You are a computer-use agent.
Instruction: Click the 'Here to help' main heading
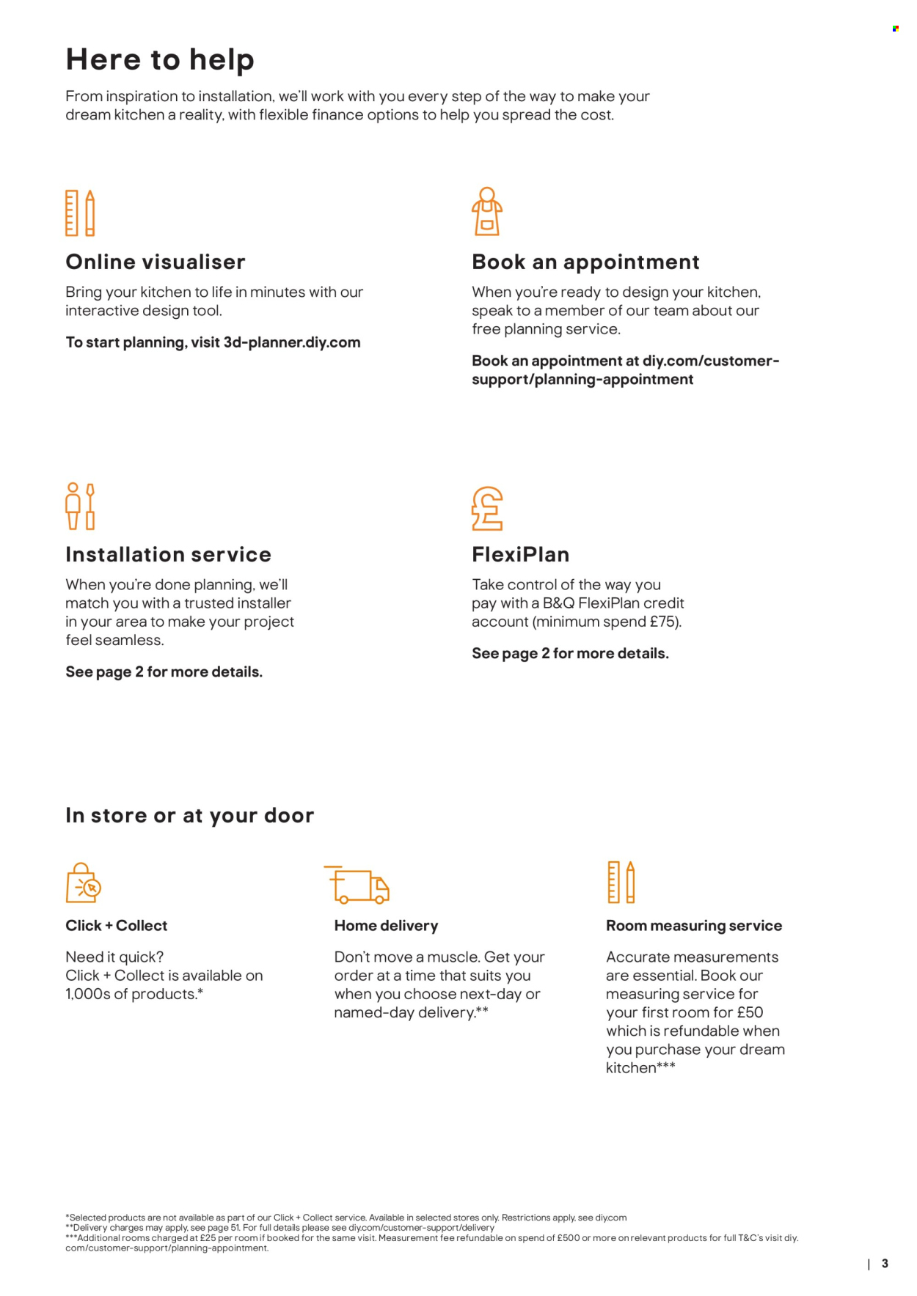click(x=160, y=59)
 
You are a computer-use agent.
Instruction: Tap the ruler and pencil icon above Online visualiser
click(x=80, y=213)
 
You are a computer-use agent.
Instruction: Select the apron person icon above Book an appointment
click(x=486, y=212)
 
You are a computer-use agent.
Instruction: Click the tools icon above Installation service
click(x=80, y=506)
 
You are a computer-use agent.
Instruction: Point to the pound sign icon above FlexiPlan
click(x=487, y=509)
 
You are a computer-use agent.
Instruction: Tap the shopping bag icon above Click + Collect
click(x=83, y=883)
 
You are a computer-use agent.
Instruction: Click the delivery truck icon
click(x=357, y=884)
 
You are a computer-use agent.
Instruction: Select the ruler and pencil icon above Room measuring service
click(x=621, y=882)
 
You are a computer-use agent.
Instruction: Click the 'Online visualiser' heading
click(x=156, y=262)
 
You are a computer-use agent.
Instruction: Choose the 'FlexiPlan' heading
click(x=520, y=554)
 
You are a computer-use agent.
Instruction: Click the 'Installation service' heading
click(x=168, y=554)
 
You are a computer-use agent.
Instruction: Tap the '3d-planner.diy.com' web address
click(x=292, y=342)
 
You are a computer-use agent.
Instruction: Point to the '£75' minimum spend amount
click(x=663, y=622)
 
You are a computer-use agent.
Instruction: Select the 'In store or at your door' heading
click(x=189, y=815)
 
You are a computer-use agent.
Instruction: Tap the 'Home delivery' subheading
click(x=386, y=926)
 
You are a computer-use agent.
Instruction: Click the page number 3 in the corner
click(x=885, y=1263)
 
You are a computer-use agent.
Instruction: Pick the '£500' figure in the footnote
click(x=568, y=1237)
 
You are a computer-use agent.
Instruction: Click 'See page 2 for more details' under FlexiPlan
click(x=570, y=653)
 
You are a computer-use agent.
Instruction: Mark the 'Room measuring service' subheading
click(x=693, y=926)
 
